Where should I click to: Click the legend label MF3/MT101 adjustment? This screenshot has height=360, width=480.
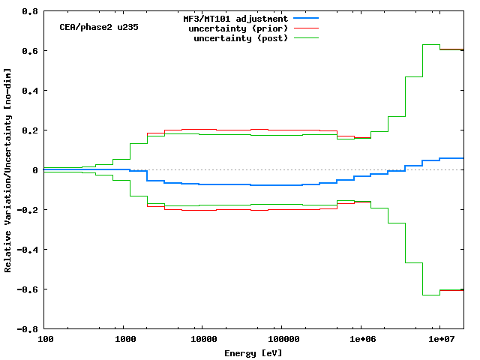(235, 18)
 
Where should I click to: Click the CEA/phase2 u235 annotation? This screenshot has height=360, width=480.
(98, 27)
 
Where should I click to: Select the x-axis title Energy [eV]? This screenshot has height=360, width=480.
(253, 352)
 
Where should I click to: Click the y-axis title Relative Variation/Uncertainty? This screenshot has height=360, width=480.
(8, 169)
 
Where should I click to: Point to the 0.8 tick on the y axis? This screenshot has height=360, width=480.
(30, 11)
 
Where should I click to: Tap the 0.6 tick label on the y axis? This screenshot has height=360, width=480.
(30, 51)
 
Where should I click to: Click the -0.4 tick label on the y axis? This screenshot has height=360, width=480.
(28, 250)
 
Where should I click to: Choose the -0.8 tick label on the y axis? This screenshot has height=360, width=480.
(28, 329)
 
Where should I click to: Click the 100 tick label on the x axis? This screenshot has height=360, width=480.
(45, 339)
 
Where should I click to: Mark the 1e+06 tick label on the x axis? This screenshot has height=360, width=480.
(361, 339)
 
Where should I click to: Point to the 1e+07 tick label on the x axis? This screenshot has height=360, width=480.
(440, 339)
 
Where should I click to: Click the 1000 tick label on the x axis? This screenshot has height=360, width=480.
(124, 339)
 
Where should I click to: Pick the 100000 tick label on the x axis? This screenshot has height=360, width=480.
(280, 339)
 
